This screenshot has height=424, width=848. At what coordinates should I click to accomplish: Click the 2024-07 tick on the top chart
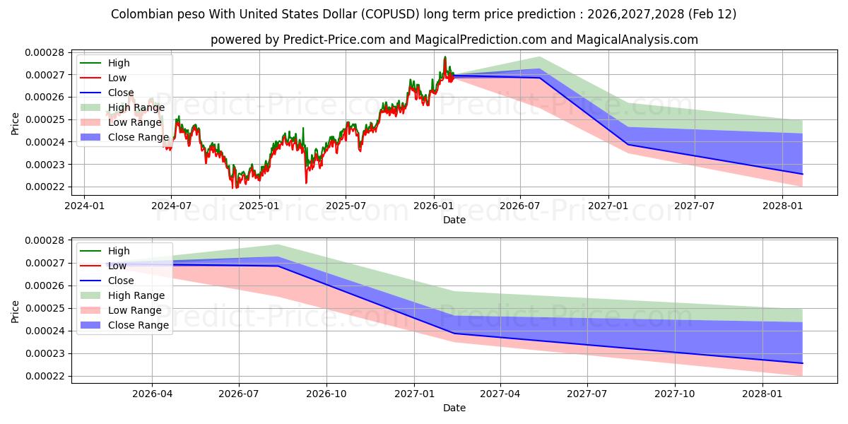tap(171, 206)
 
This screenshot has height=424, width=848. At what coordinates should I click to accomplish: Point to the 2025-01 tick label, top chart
tap(259, 206)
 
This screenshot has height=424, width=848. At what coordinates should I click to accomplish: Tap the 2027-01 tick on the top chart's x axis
tap(608, 206)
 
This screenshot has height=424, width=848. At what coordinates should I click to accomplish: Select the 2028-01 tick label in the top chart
tap(782, 206)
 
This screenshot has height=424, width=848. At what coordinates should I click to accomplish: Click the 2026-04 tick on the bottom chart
tap(152, 394)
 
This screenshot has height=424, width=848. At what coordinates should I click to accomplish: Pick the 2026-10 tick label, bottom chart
tap(326, 394)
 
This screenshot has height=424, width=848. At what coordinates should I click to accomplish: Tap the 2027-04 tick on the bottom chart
tap(500, 394)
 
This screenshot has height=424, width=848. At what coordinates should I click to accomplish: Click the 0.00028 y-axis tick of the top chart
tap(45, 52)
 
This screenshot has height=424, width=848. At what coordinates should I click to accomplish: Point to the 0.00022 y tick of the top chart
tap(45, 187)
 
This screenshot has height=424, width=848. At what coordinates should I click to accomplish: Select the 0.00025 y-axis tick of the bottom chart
tap(45, 309)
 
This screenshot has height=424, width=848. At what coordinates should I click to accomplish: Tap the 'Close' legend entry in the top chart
tap(121, 93)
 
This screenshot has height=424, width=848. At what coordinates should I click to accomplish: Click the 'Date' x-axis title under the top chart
tap(454, 220)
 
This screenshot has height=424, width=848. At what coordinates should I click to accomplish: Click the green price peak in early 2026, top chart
tap(444, 57)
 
